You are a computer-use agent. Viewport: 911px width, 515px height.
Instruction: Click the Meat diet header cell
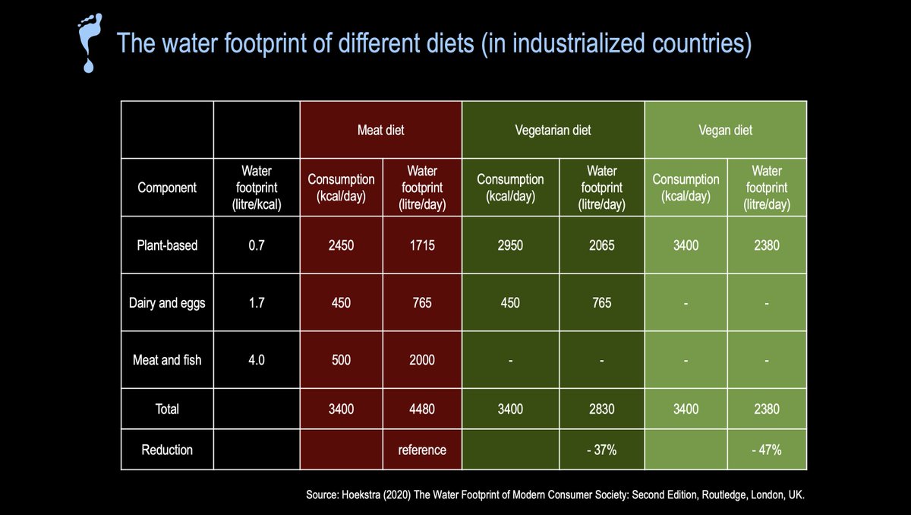(380, 130)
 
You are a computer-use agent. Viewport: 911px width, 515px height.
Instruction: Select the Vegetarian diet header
(553, 130)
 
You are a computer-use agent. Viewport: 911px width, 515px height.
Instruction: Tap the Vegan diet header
(725, 130)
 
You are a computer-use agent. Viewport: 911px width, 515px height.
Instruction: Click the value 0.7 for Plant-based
(257, 246)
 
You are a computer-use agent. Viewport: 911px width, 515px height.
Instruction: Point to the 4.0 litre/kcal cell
(257, 360)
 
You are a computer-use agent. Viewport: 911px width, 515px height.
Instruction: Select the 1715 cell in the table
(421, 246)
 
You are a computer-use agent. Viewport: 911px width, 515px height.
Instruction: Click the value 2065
(601, 246)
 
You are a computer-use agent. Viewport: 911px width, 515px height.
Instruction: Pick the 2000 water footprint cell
(421, 360)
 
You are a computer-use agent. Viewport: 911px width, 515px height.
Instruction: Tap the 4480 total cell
(421, 409)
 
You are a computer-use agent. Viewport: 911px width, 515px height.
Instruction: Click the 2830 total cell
(601, 409)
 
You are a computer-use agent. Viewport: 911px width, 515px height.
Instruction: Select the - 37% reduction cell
(601, 450)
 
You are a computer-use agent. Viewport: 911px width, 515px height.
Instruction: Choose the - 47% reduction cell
(766, 450)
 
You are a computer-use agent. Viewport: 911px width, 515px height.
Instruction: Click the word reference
(421, 450)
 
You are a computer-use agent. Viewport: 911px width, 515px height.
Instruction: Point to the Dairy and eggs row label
(167, 303)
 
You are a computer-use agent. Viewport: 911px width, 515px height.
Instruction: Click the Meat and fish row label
(167, 360)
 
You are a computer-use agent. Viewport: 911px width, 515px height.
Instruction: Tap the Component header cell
(167, 188)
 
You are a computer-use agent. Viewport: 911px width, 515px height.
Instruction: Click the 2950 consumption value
(510, 246)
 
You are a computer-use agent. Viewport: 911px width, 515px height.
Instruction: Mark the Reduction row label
(167, 450)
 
